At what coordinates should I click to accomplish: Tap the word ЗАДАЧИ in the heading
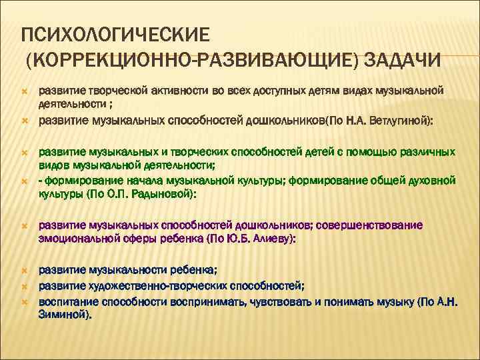pos(403,61)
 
